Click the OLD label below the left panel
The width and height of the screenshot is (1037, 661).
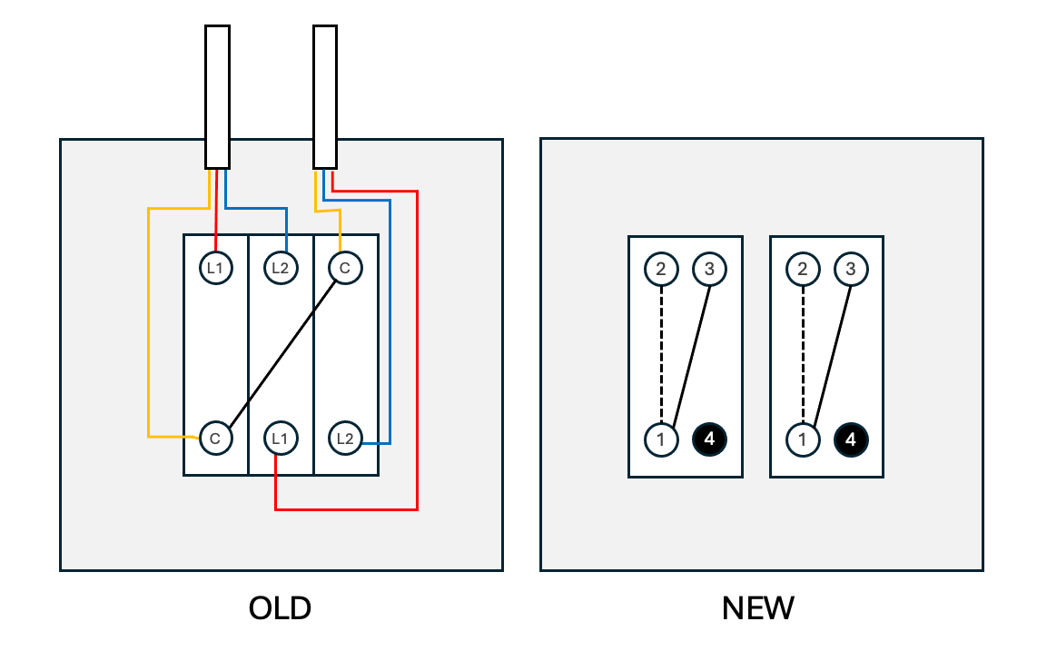(280, 608)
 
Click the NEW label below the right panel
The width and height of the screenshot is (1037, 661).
(758, 608)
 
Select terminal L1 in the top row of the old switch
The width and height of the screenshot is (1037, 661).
(215, 268)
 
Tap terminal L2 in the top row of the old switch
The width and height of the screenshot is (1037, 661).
(281, 268)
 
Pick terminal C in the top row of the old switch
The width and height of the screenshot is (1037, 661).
(345, 268)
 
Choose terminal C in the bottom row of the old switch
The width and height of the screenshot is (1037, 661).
(215, 438)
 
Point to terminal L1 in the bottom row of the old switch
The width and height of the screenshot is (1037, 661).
(281, 438)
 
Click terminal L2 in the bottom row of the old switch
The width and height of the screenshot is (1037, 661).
(345, 438)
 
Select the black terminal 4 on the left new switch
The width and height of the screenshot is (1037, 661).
(710, 439)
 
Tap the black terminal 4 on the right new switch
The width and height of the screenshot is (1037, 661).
(851, 439)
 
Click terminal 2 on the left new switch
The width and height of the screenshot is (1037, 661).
(661, 269)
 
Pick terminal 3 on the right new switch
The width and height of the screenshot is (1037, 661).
(851, 269)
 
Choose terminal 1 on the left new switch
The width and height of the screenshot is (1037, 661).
(661, 439)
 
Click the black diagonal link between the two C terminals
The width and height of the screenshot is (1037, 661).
(280, 353)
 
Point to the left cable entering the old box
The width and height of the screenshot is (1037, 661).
(217, 95)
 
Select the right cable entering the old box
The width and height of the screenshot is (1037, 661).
(325, 95)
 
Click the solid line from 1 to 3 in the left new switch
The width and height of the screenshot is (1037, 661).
(692, 354)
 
